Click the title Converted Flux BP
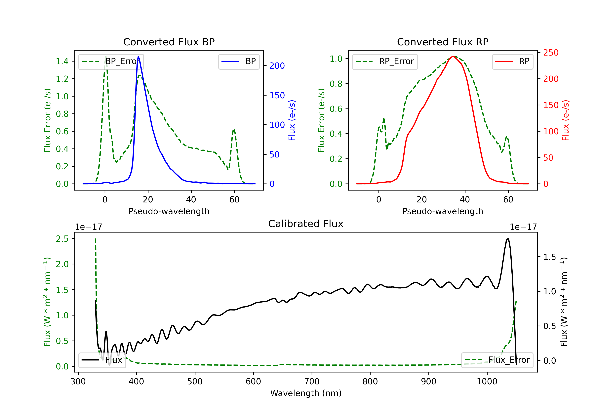(169, 42)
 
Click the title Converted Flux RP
(443, 42)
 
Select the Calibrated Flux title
(306, 224)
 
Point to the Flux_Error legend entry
(497, 360)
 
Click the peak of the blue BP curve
(138, 57)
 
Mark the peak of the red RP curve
(453, 57)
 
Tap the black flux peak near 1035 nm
(508, 238)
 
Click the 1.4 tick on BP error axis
(62, 61)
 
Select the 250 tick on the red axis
(551, 53)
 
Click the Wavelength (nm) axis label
(306, 393)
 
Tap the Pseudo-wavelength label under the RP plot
(443, 211)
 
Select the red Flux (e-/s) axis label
(565, 120)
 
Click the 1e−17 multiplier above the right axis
(523, 227)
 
